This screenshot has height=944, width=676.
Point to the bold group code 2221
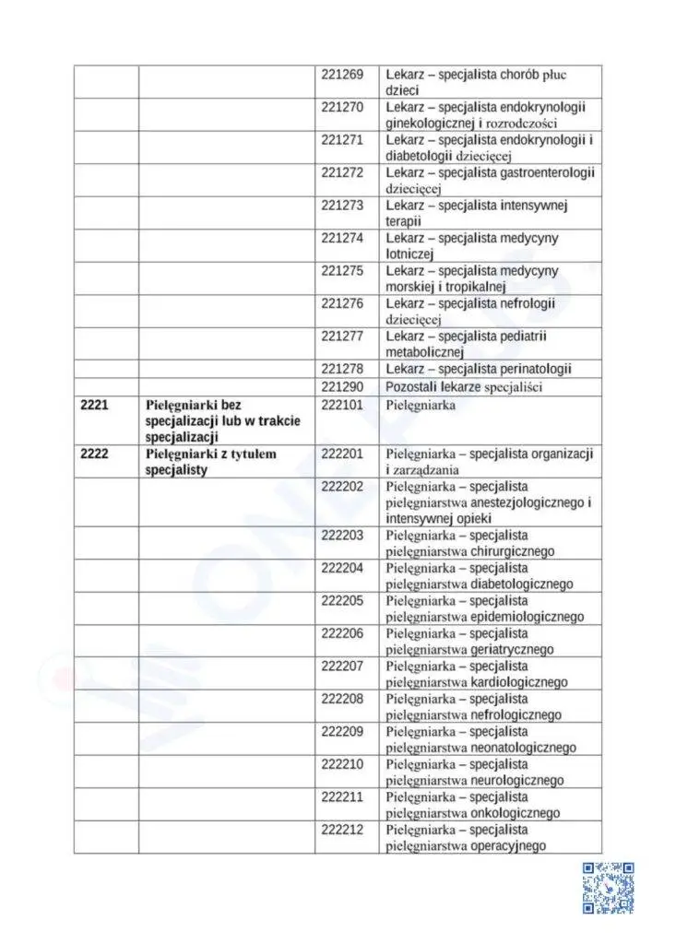coord(95,405)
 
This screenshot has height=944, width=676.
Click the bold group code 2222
coord(95,454)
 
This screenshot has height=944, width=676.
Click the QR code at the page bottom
coord(608,888)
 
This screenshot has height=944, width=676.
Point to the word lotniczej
coord(414,254)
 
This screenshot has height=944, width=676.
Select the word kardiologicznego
coord(519,682)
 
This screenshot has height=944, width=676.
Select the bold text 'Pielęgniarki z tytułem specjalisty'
coord(211,462)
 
